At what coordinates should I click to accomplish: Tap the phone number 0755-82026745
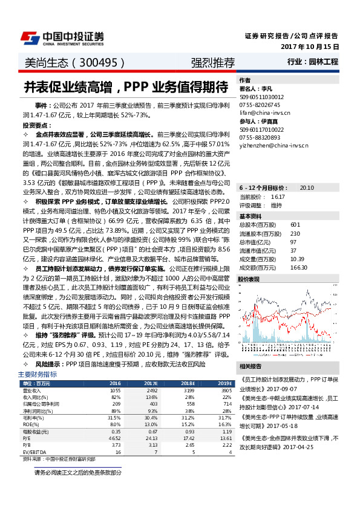click(x=258, y=105)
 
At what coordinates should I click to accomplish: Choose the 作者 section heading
click(x=244, y=80)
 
